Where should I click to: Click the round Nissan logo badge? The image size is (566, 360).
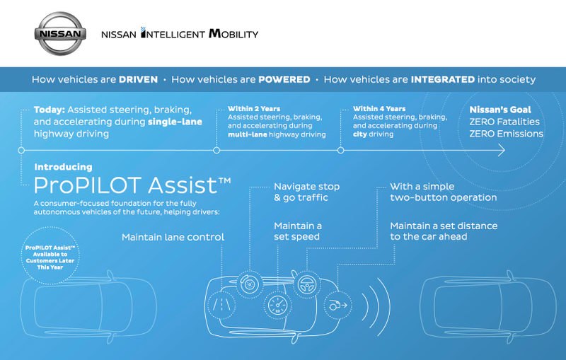pyautogui.click(x=60, y=33)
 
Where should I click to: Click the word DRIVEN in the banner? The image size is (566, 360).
pyautogui.click(x=138, y=79)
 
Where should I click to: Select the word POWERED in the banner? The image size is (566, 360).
pyautogui.click(x=284, y=79)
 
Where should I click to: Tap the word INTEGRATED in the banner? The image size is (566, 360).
pyautogui.click(x=443, y=79)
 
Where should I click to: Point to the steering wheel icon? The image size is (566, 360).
pyautogui.click(x=307, y=284)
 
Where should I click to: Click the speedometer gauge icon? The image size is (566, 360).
pyautogui.click(x=277, y=305)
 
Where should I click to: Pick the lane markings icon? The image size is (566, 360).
pyautogui.click(x=221, y=305)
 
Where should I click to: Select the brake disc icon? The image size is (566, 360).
pyautogui.click(x=249, y=284)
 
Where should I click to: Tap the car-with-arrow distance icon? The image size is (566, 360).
pyautogui.click(x=338, y=305)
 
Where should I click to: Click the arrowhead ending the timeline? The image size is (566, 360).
pyautogui.click(x=502, y=150)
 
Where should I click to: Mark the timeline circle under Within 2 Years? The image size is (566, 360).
pyautogui.click(x=216, y=150)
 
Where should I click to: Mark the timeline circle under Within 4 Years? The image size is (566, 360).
pyautogui.click(x=341, y=150)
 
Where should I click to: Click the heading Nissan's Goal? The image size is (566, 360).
pyautogui.click(x=500, y=110)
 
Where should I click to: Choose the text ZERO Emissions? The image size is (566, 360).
pyautogui.click(x=506, y=134)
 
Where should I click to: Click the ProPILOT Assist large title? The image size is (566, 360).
pyautogui.click(x=132, y=185)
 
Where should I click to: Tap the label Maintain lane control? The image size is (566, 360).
pyautogui.click(x=173, y=237)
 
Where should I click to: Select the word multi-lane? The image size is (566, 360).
pyautogui.click(x=247, y=134)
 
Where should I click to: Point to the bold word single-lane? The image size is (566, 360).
pyautogui.click(x=175, y=122)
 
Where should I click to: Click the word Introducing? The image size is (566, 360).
pyautogui.click(x=63, y=167)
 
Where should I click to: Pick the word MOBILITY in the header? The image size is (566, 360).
pyautogui.click(x=233, y=33)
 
